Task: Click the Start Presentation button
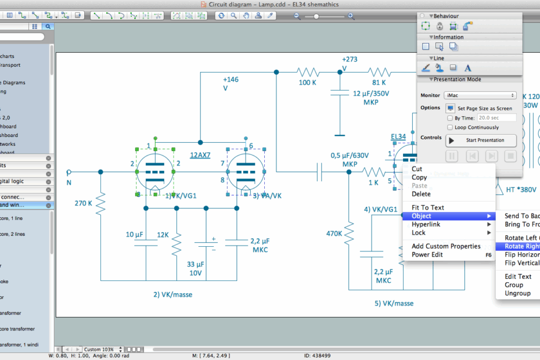point(481,140)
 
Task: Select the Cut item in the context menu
point(417,169)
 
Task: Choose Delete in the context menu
point(421,194)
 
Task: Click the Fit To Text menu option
point(427,207)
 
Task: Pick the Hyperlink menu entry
point(426,224)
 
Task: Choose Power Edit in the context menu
point(427,254)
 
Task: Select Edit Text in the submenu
point(518,276)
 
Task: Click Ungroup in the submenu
point(517,293)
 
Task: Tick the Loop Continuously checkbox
point(450,127)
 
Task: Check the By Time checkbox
point(450,118)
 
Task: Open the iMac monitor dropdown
point(480,95)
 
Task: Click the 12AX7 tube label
point(200,155)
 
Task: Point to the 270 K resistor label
point(83,203)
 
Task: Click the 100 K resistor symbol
point(308,72)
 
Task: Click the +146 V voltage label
point(231,84)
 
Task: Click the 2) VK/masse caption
point(172,294)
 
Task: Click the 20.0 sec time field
point(496,118)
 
